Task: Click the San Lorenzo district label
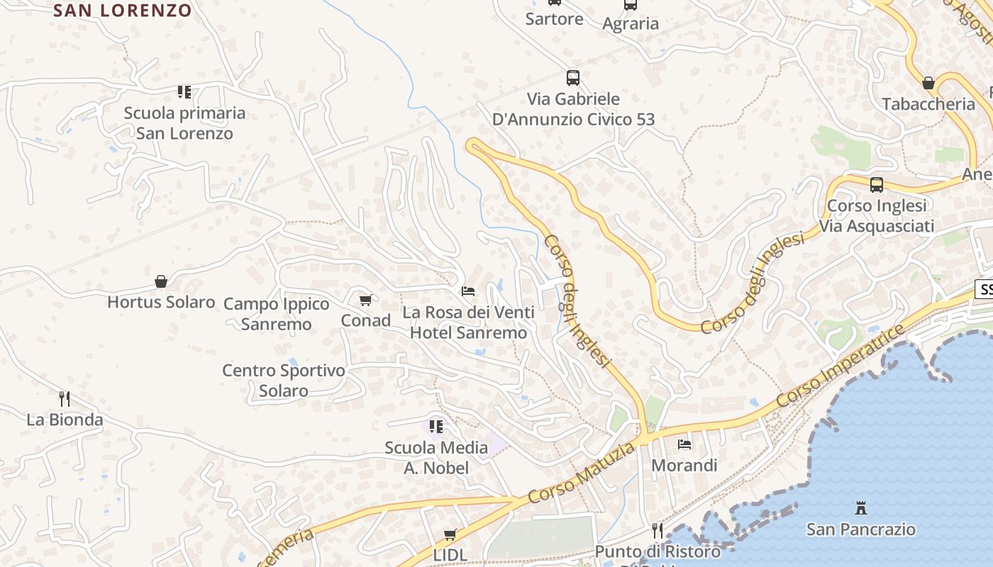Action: (122, 11)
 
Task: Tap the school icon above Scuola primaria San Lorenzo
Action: (184, 91)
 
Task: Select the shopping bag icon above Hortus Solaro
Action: (161, 281)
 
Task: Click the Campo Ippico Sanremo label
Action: (277, 314)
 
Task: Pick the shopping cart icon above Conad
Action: (366, 300)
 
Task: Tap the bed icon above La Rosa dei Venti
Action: (468, 291)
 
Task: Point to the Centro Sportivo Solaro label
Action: (284, 381)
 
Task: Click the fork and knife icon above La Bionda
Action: (65, 398)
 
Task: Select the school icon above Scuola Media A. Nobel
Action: (436, 426)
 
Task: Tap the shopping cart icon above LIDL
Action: (450, 534)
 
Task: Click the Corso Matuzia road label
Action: (582, 473)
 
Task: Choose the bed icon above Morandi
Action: (684, 444)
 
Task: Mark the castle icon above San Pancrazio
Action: (861, 507)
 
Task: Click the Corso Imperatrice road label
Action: (841, 366)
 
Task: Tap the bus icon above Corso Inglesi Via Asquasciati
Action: (877, 185)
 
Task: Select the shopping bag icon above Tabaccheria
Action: (928, 83)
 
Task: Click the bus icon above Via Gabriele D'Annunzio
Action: (573, 78)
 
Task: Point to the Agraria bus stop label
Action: (631, 23)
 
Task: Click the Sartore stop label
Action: (555, 19)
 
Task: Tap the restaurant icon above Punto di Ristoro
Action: (658, 530)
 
